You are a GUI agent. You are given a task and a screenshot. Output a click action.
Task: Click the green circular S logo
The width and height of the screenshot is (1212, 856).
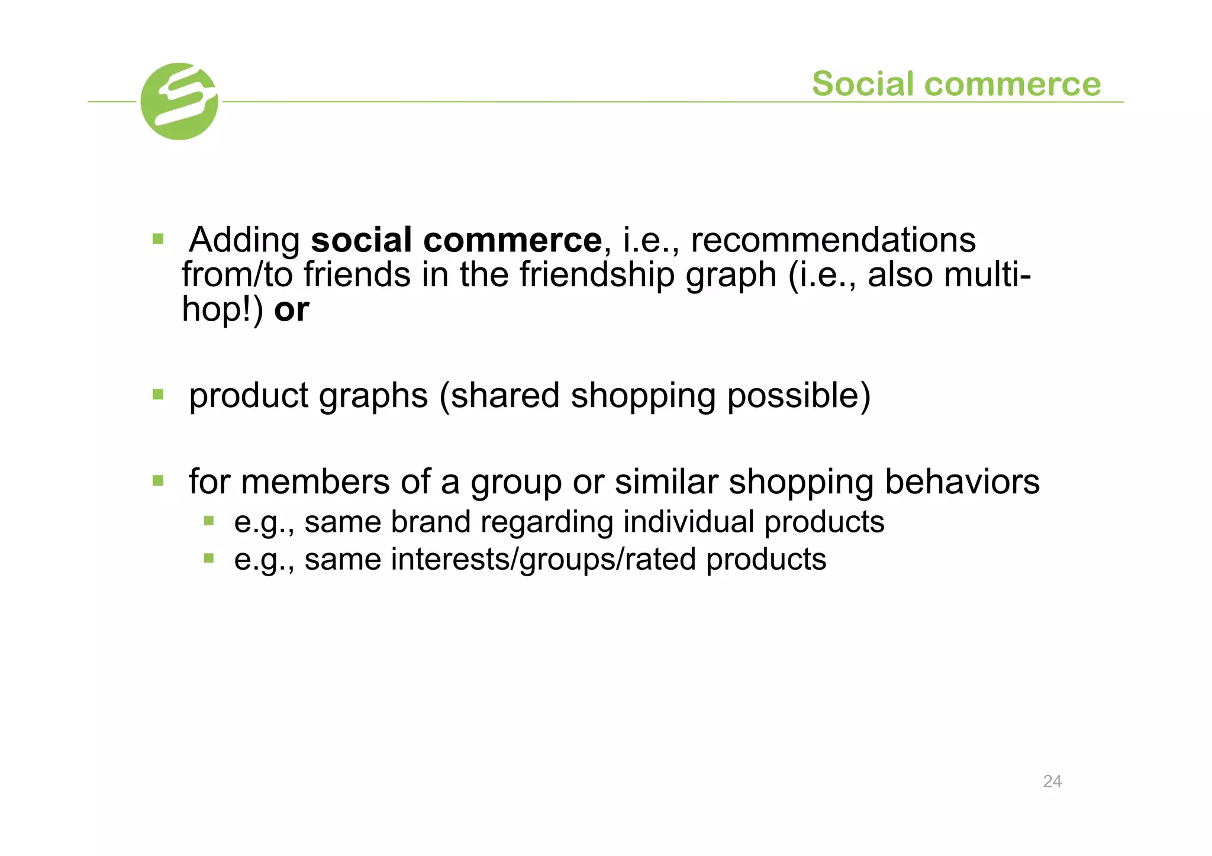(x=179, y=101)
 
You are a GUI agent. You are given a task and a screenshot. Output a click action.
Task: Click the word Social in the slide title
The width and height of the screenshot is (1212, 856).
(x=863, y=83)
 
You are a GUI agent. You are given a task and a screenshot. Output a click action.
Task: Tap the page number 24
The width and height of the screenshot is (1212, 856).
(x=1052, y=781)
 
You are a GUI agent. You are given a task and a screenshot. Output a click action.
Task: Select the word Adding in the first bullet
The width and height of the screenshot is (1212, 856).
(x=244, y=240)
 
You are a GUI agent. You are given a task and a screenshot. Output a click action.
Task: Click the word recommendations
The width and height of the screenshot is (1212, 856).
(x=833, y=240)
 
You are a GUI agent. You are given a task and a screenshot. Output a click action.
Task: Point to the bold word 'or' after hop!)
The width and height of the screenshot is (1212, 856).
(x=291, y=309)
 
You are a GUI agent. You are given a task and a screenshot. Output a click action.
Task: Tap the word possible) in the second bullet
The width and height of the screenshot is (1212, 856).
(x=798, y=395)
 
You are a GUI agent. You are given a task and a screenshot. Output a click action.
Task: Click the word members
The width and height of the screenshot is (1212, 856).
(x=315, y=482)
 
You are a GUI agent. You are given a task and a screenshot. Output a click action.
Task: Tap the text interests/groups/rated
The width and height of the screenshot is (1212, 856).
(x=543, y=559)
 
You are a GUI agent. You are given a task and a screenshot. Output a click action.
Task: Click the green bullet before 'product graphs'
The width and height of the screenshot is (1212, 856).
(x=158, y=394)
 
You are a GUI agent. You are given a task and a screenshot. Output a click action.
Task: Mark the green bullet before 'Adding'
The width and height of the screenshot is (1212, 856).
(x=158, y=239)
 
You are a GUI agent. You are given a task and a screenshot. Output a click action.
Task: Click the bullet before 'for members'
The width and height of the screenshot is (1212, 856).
(x=158, y=480)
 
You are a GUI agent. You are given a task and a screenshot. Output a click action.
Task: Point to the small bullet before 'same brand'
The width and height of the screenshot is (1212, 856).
(x=208, y=521)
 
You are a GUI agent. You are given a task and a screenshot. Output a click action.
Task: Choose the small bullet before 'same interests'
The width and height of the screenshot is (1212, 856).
(x=208, y=558)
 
